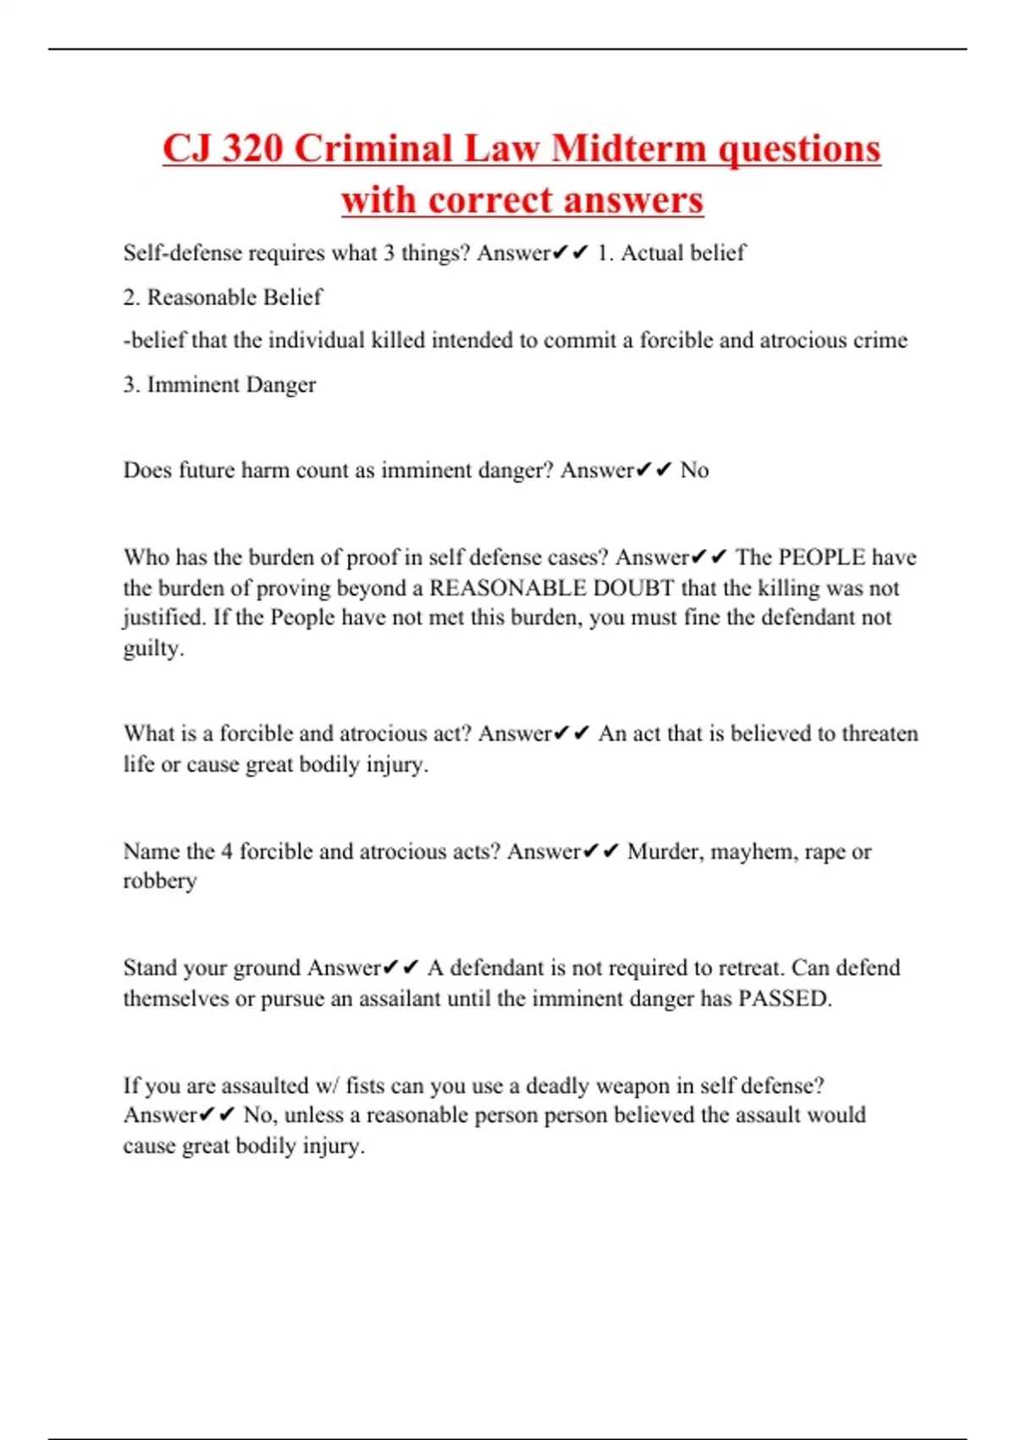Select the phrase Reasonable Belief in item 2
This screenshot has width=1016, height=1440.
235,297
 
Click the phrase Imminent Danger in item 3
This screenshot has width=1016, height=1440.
231,385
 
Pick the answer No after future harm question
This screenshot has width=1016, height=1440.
694,470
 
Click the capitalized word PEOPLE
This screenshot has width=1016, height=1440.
821,557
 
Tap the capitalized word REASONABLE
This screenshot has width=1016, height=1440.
508,588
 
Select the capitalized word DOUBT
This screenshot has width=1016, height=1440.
633,588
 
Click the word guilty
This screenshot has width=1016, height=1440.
152,649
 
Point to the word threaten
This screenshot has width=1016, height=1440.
878,734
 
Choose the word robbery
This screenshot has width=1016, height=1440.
160,882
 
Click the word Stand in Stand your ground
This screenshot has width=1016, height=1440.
150,968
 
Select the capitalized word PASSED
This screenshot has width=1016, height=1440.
783,999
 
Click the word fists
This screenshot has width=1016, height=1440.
365,1086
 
